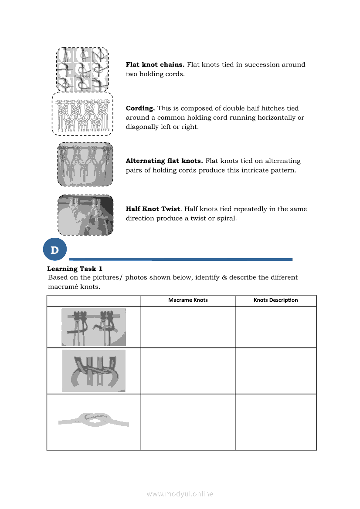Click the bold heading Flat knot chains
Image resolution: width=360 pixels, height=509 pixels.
(155, 64)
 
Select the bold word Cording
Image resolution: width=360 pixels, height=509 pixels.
(140, 108)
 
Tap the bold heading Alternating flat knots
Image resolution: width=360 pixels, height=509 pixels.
(164, 161)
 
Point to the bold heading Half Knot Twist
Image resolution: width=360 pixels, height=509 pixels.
(153, 209)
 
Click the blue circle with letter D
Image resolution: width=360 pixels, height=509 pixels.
(54, 250)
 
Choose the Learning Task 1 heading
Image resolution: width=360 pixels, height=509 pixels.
(75, 269)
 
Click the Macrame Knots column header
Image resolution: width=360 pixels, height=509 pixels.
(188, 300)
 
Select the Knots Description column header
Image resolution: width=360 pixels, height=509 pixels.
(275, 300)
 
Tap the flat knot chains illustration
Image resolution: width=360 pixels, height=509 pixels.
(82, 69)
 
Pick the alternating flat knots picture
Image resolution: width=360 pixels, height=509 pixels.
(85, 164)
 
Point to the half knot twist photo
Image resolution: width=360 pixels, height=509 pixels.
(85, 215)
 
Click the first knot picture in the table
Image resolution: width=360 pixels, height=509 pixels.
(93, 327)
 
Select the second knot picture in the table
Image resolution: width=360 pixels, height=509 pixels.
(93, 370)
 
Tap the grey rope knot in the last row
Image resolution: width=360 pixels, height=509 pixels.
(93, 421)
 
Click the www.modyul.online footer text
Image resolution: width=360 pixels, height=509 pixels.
(180, 494)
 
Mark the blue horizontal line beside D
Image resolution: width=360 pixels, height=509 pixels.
(180, 259)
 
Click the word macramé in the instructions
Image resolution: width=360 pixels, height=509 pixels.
(61, 287)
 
